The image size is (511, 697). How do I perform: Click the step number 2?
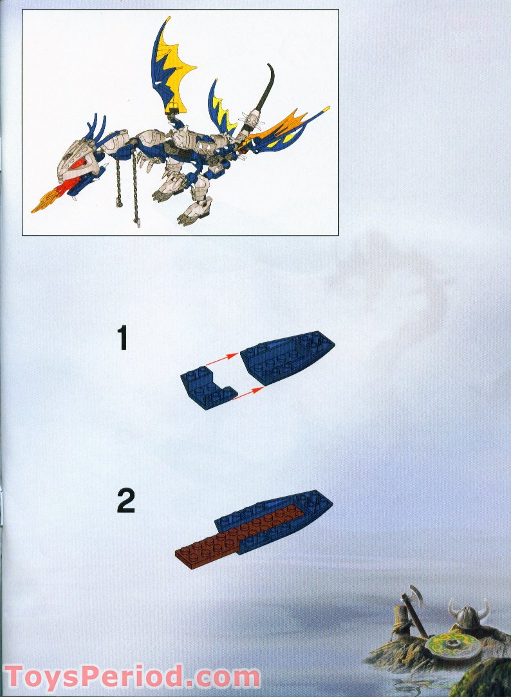click(126, 501)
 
